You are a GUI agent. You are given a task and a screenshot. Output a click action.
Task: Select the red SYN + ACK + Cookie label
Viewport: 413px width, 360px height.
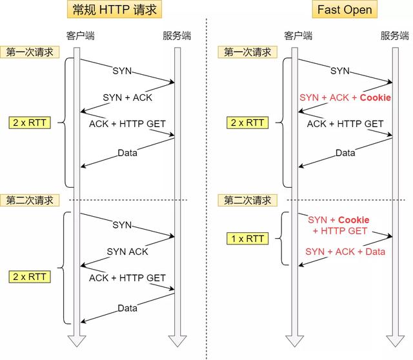click(345, 97)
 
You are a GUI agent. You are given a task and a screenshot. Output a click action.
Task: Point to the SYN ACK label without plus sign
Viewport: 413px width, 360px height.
click(127, 251)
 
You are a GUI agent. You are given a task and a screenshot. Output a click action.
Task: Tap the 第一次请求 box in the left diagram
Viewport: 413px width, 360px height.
click(30, 52)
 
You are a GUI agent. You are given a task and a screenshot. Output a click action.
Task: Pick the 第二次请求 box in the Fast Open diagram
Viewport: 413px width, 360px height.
click(248, 200)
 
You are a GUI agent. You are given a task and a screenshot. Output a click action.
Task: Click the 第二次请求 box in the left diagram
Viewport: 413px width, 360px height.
click(30, 200)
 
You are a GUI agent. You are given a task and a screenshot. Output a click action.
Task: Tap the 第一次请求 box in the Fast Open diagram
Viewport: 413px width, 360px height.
click(248, 52)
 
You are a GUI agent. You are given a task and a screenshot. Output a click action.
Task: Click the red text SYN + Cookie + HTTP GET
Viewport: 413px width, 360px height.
click(340, 225)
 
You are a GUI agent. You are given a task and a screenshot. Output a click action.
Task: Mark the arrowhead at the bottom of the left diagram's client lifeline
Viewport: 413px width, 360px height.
click(77, 340)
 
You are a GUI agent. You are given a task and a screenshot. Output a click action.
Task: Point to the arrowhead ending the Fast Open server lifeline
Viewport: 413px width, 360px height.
click(393, 340)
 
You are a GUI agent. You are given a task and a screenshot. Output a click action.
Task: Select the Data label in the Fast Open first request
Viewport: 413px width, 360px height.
click(345, 153)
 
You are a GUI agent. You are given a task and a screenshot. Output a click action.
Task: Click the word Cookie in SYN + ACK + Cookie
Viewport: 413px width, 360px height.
click(375, 97)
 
